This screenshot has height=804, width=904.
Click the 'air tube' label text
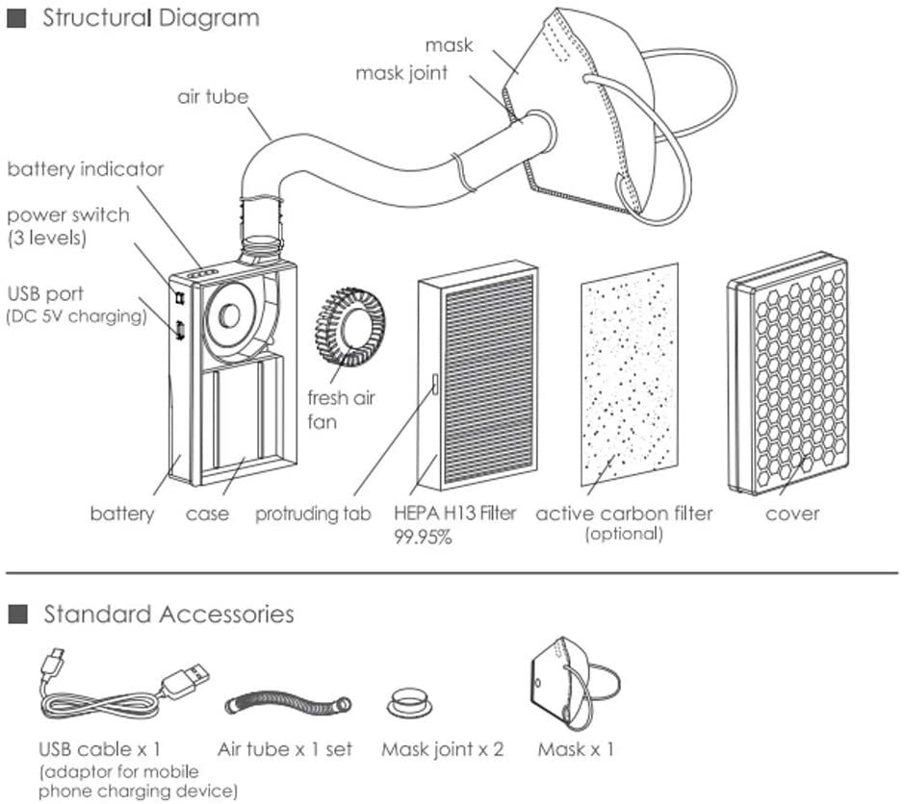pos(213,96)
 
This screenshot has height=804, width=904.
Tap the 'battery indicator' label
pos(86,168)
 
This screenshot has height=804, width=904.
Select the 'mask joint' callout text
pos(401,73)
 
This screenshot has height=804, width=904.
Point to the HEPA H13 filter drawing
pos(478,376)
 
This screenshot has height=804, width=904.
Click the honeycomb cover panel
pos(788,373)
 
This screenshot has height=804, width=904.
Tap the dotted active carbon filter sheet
pos(630,375)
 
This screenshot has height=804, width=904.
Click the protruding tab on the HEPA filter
pos(435,384)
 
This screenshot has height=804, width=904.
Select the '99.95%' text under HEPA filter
pos(423,538)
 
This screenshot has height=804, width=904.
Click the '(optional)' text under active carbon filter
pos(624,534)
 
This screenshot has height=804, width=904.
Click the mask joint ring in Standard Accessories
pos(410,702)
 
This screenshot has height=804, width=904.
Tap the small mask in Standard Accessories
pos(575,683)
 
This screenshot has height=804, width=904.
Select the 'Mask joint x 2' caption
pos(442,749)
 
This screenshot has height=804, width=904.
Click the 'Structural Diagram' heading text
pos(151,18)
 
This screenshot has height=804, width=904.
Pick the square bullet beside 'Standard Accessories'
pos(18,614)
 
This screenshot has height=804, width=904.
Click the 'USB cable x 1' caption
pos(99,749)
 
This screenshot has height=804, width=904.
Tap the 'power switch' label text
pos(68,214)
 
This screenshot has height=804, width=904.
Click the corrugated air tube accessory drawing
pos(288,704)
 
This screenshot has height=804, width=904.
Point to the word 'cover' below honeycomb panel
pos(792,514)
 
